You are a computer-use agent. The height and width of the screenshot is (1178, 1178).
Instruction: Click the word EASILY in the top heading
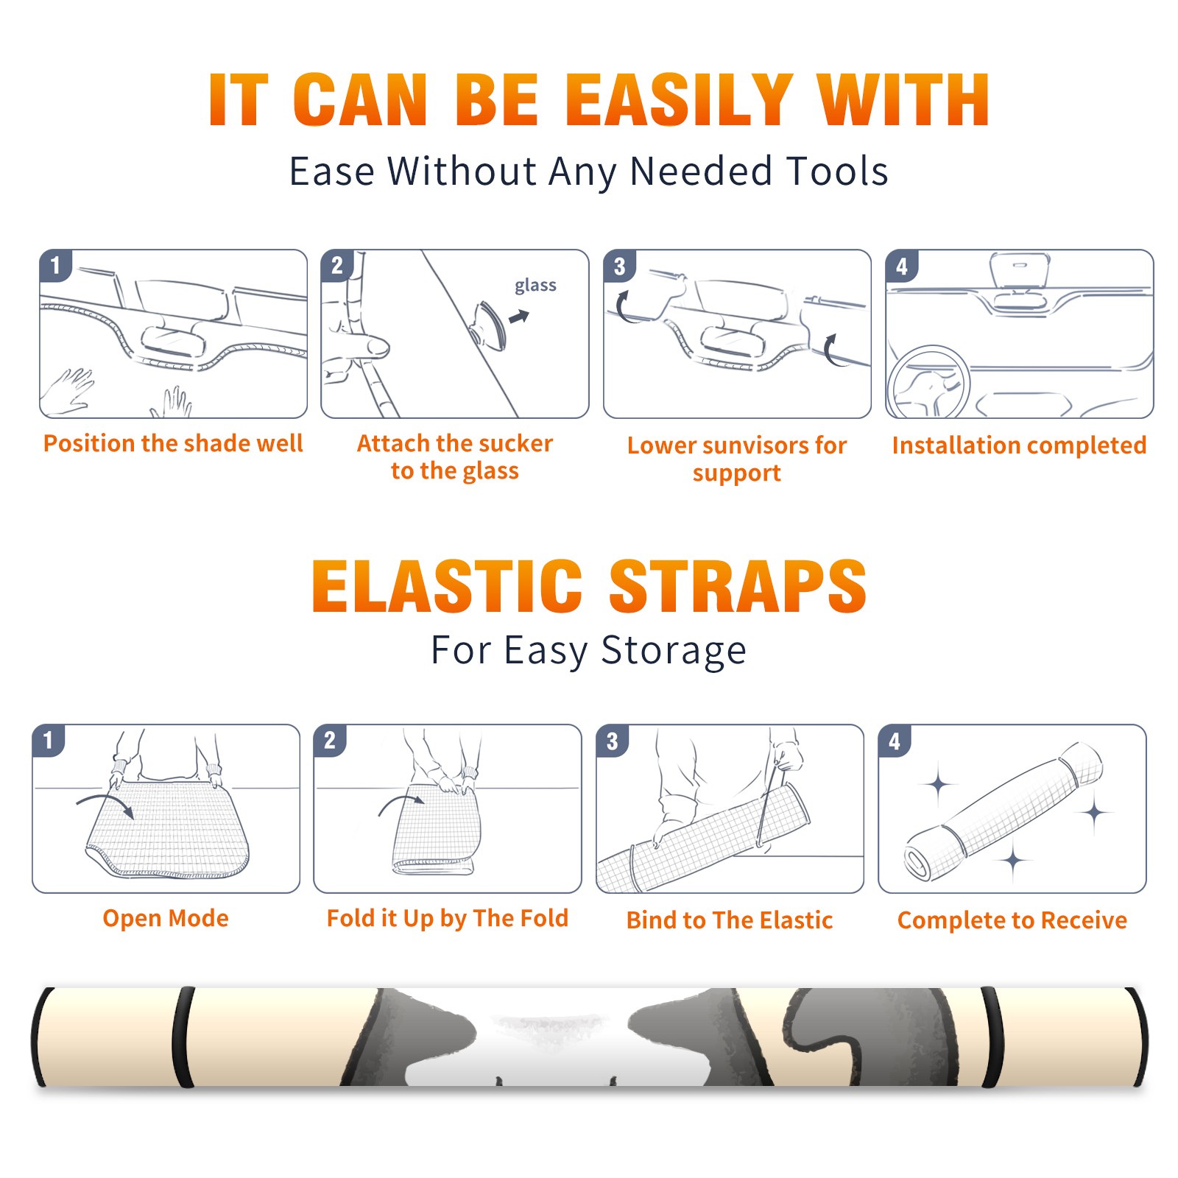click(x=679, y=100)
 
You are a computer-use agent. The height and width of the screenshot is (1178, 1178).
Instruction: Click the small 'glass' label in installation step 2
click(x=535, y=286)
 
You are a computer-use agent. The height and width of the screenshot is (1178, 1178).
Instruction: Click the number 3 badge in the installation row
click(x=620, y=266)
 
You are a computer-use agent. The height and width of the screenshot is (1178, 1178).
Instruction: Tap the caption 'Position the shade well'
click(x=173, y=443)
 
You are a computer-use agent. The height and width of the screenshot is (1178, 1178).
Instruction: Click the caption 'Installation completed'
click(x=1019, y=445)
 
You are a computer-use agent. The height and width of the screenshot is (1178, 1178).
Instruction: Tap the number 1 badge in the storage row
click(x=49, y=741)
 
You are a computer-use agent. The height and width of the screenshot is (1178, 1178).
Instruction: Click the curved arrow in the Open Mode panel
click(x=105, y=803)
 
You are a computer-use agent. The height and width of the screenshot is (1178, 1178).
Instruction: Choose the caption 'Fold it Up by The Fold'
click(x=448, y=918)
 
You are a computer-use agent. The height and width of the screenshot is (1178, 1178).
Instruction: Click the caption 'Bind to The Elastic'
click(x=730, y=920)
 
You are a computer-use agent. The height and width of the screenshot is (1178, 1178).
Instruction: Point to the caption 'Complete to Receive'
click(x=1012, y=920)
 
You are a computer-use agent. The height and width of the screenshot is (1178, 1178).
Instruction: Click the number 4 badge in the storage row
click(x=895, y=741)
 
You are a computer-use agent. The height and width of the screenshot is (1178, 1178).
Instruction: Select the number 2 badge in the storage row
click(x=330, y=741)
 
